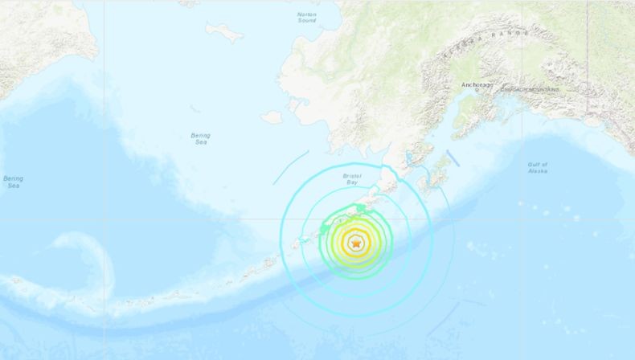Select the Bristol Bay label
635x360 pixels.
click(x=353, y=178)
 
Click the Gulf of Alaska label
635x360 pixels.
click(x=538, y=167)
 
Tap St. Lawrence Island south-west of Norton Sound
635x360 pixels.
click(x=225, y=31)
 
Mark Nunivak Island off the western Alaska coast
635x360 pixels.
click(x=272, y=117)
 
